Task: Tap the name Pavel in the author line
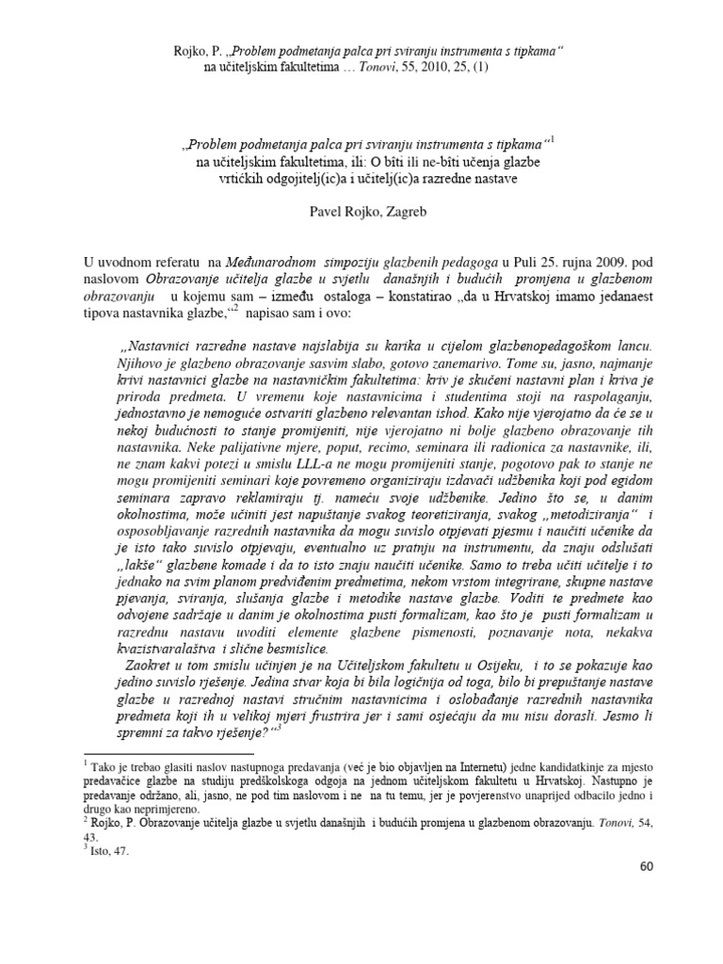tap(329, 212)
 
